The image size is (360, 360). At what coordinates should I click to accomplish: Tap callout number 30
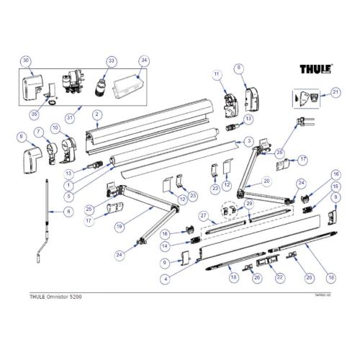26,60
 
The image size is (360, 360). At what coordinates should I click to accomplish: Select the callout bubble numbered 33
111,61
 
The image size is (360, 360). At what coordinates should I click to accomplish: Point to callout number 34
144,60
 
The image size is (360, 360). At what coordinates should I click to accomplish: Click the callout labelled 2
96,115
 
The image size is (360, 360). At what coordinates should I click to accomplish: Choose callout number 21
335,92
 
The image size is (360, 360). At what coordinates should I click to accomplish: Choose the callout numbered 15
335,186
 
